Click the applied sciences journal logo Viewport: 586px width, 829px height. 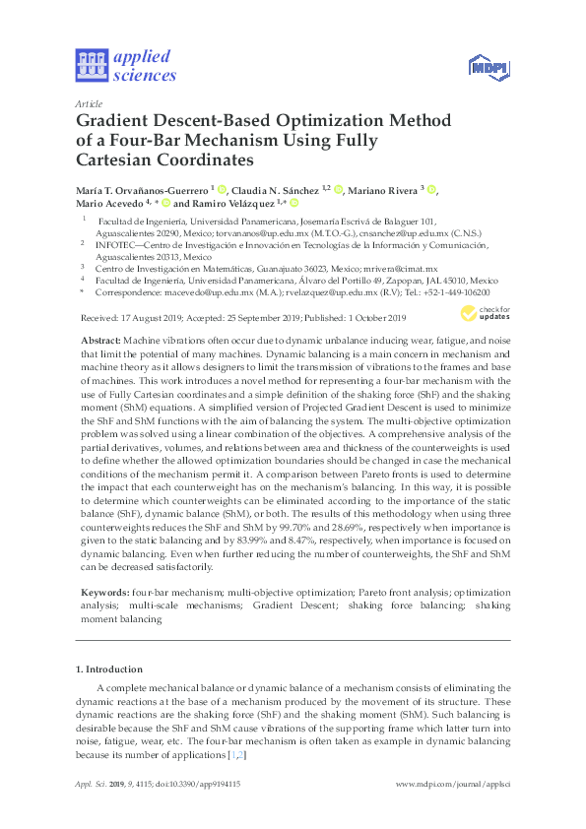pyautogui.click(x=125, y=65)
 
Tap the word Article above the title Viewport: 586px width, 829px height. pyautogui.click(x=88, y=102)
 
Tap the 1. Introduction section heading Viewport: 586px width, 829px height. pyautogui.click(x=108, y=670)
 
